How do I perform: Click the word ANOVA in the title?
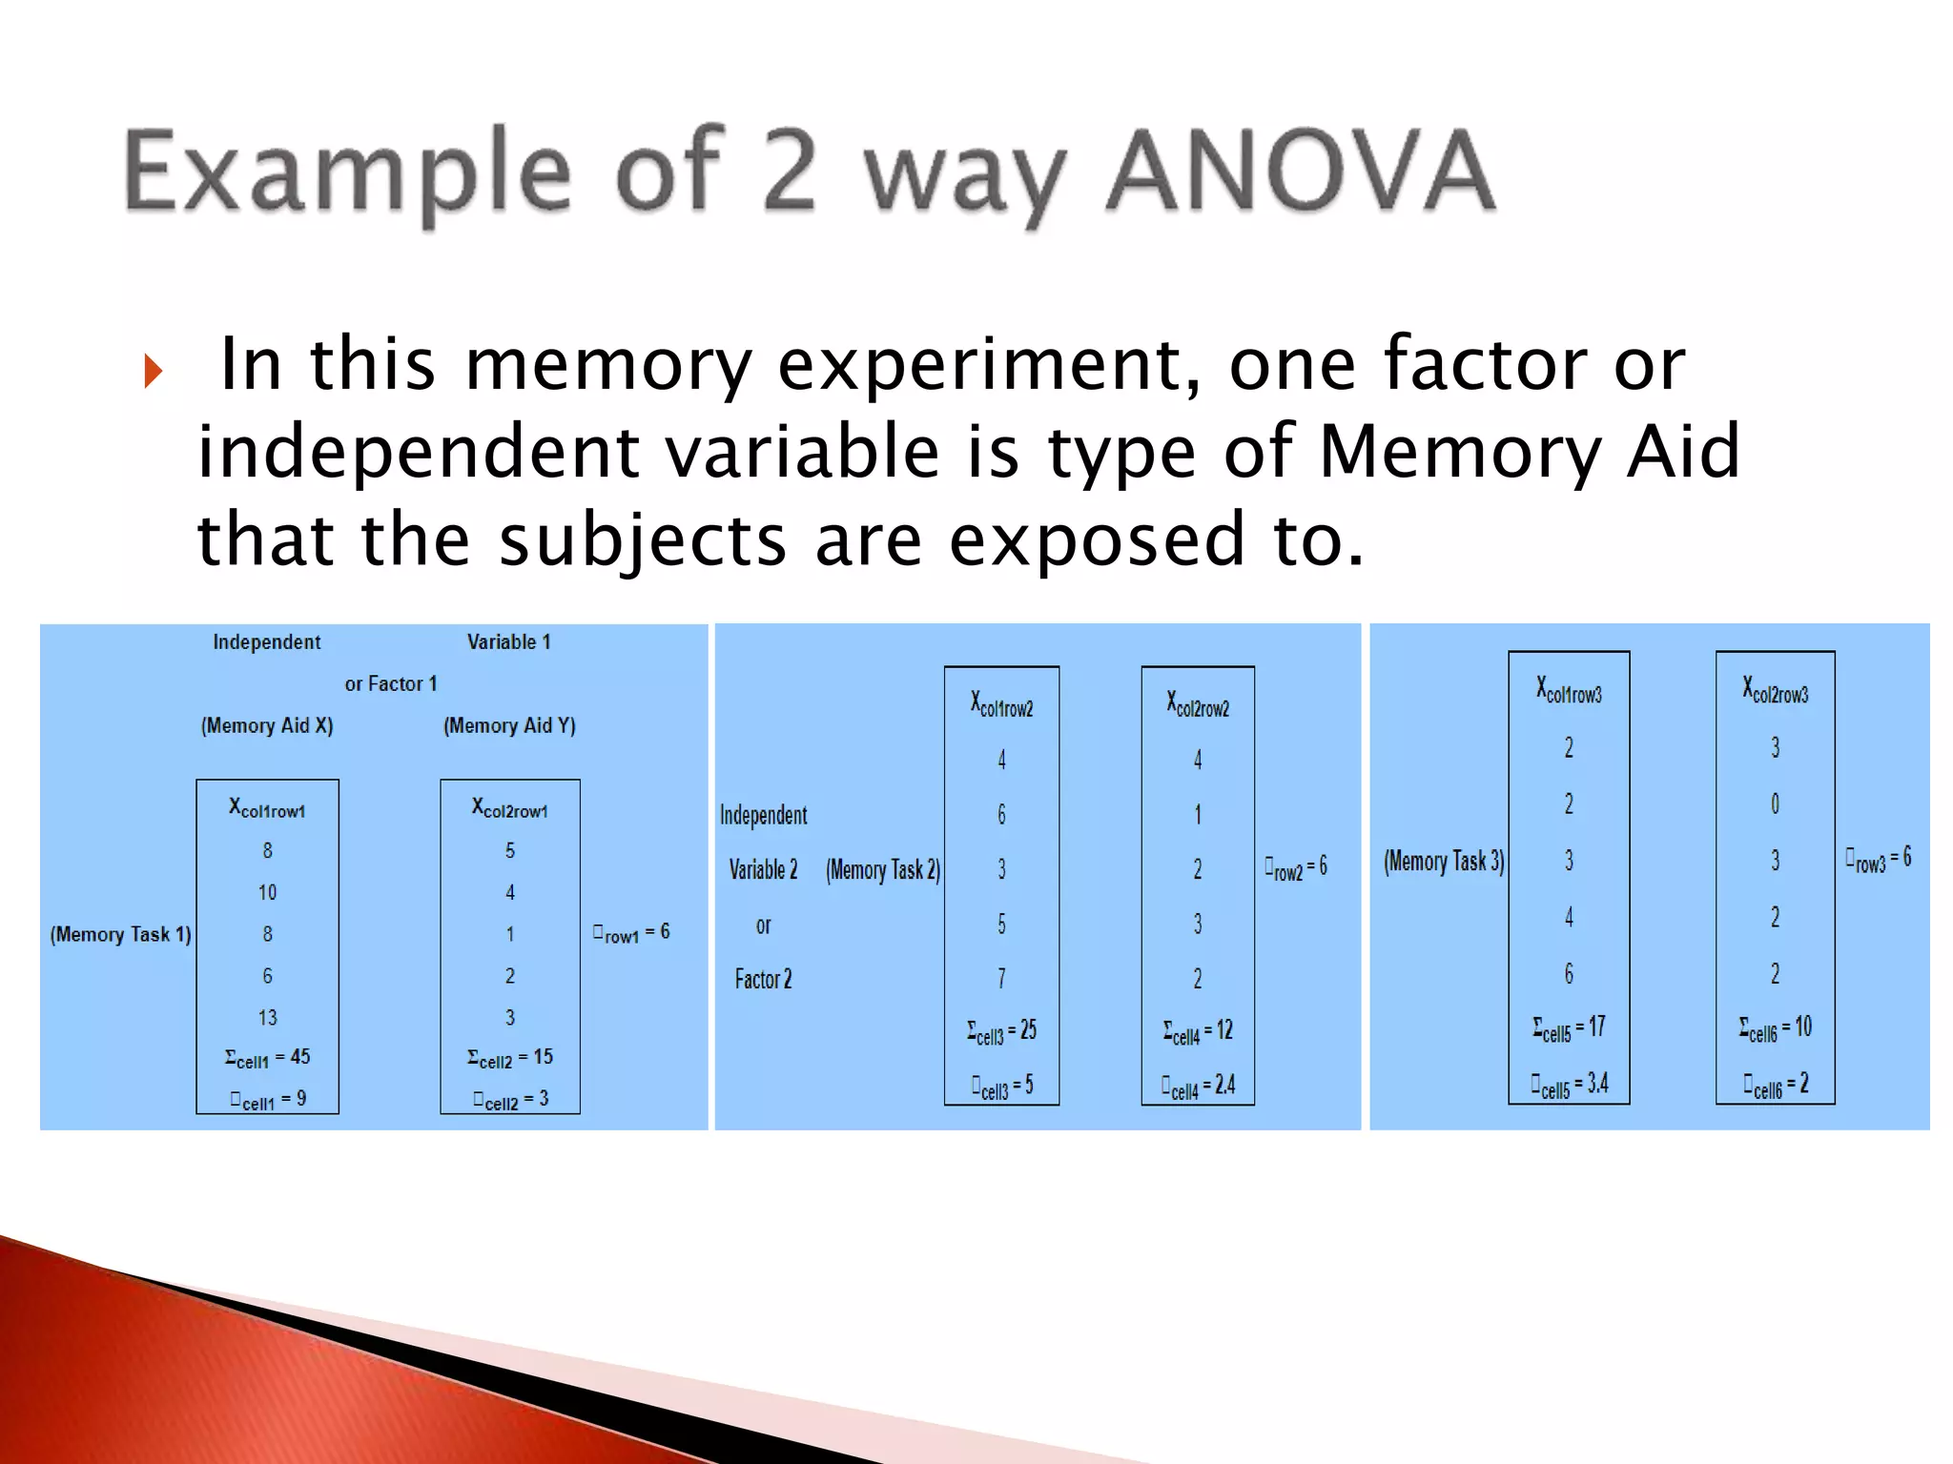point(1300,172)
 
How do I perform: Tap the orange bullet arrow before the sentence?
point(154,371)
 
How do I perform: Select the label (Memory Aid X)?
point(267,725)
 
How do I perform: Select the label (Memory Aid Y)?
point(509,725)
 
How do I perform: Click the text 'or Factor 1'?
point(391,683)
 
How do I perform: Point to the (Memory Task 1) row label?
point(120,934)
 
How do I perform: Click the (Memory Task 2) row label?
point(883,869)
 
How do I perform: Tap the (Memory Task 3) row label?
point(1444,862)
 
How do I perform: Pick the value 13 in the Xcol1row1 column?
point(267,1017)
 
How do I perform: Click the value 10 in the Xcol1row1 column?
point(267,892)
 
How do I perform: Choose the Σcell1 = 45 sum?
point(267,1058)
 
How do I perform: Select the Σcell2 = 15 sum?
point(509,1058)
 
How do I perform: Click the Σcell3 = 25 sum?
point(1001,1031)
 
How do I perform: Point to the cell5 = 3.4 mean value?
point(1569,1085)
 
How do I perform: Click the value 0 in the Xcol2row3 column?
point(1775,803)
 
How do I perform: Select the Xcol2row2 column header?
point(1198,704)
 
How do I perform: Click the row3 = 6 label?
point(1878,859)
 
